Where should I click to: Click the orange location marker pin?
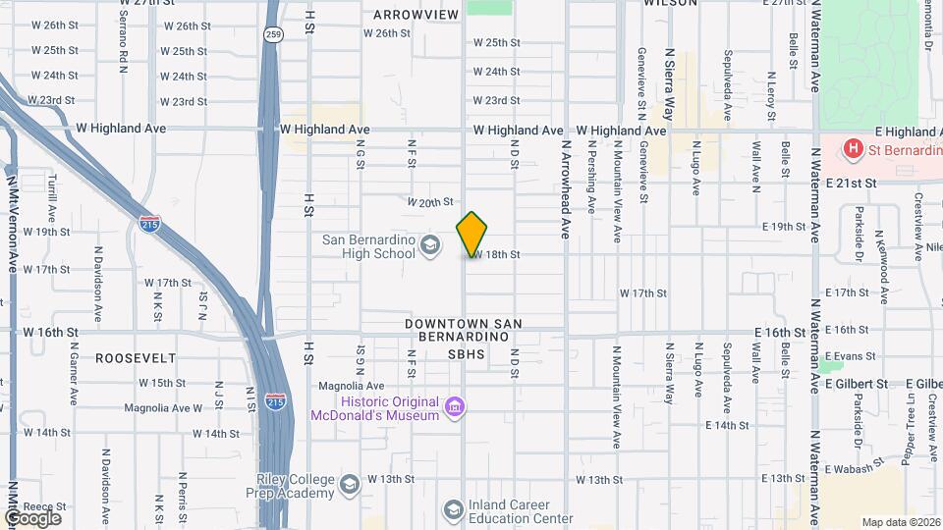pos(471,234)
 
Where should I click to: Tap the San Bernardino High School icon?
pos(429,244)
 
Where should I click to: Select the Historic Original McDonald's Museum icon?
pos(453,407)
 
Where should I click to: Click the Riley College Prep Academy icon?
pos(349,485)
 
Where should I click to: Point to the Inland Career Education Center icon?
pos(453,509)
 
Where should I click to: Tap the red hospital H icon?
pos(854,149)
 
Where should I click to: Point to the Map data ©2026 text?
pos(900,522)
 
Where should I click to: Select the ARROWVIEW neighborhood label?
pos(416,15)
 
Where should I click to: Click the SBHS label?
pos(467,353)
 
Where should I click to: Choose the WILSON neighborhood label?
pos(670,3)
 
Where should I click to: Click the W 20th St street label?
pos(430,202)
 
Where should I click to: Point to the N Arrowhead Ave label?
pos(566,187)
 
